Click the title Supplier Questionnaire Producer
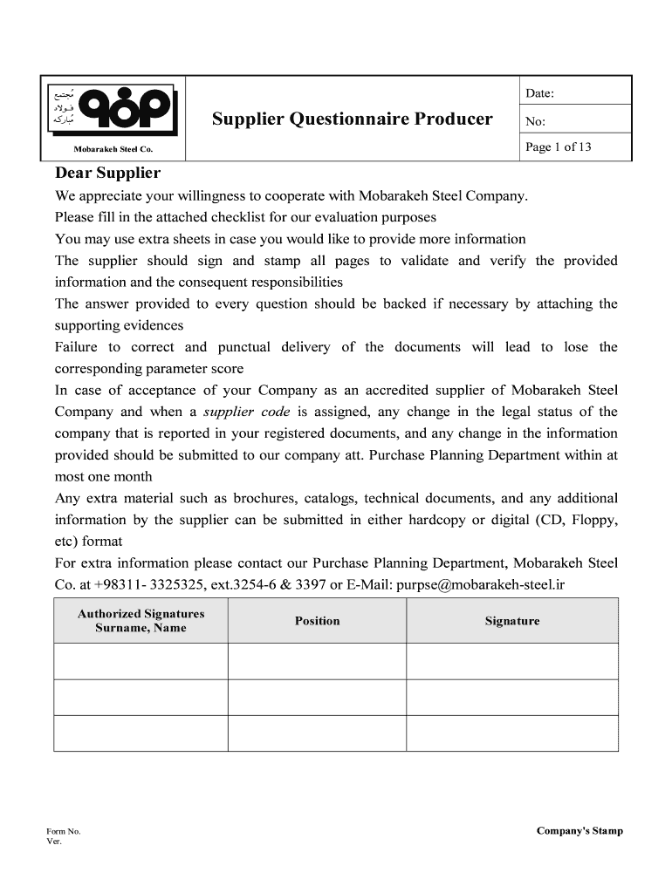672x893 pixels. point(352,119)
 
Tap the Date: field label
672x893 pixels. point(539,93)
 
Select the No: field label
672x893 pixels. point(534,122)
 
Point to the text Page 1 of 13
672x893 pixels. point(559,147)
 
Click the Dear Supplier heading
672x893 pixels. point(107,173)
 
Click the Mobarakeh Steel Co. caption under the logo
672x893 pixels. point(113,150)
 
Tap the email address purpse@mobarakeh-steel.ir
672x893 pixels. point(482,584)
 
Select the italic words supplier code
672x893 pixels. point(246,412)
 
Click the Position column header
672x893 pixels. point(317,621)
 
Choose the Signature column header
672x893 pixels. point(512,621)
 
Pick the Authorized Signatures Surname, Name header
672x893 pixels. point(141,621)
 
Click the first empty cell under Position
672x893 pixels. point(317,661)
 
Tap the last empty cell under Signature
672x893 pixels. point(512,733)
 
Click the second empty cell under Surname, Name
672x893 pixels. point(141,697)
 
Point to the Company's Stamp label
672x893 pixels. point(579,831)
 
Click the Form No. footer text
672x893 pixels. point(64,832)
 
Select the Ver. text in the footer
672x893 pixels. point(54,842)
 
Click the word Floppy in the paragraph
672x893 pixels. point(593,520)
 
